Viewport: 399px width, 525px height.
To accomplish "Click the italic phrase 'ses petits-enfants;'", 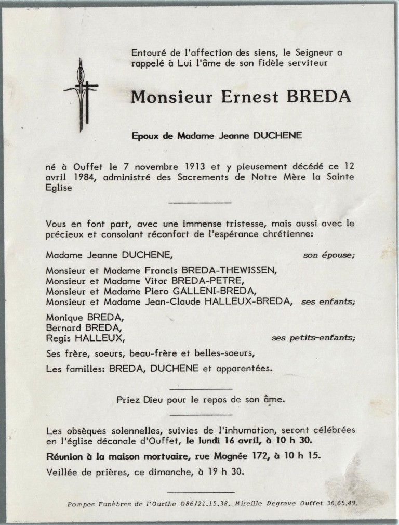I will [313, 338].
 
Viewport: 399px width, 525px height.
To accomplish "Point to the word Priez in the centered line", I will [129, 400].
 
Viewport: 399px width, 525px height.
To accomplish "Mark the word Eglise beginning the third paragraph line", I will [59, 189].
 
